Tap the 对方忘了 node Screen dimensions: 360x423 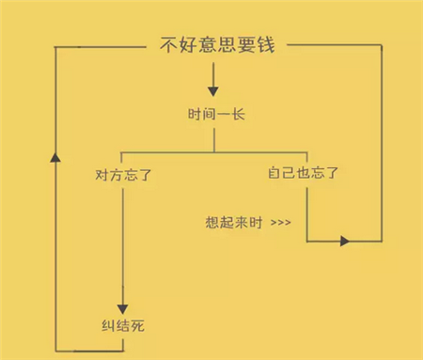pos(122,174)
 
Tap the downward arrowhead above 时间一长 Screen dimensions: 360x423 pos(212,91)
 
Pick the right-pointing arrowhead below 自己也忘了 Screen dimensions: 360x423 pos(344,242)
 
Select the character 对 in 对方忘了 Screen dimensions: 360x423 pos(102,174)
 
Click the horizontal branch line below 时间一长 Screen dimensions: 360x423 pos(169,150)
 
